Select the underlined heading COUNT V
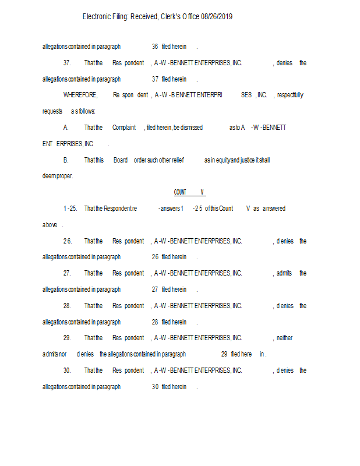[x=189, y=192]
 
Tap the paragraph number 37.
[x=68, y=63]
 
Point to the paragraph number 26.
[x=68, y=241]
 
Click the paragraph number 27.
[x=68, y=273]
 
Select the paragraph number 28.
[x=68, y=306]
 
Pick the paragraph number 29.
[x=68, y=338]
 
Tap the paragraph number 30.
[x=68, y=370]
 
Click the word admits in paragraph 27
[x=284, y=273]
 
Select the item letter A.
[x=66, y=128]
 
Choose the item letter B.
[x=66, y=160]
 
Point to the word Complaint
[x=124, y=128]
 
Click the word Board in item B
[x=121, y=160]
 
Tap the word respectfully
[x=290, y=95]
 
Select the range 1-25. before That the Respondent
[x=70, y=209]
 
